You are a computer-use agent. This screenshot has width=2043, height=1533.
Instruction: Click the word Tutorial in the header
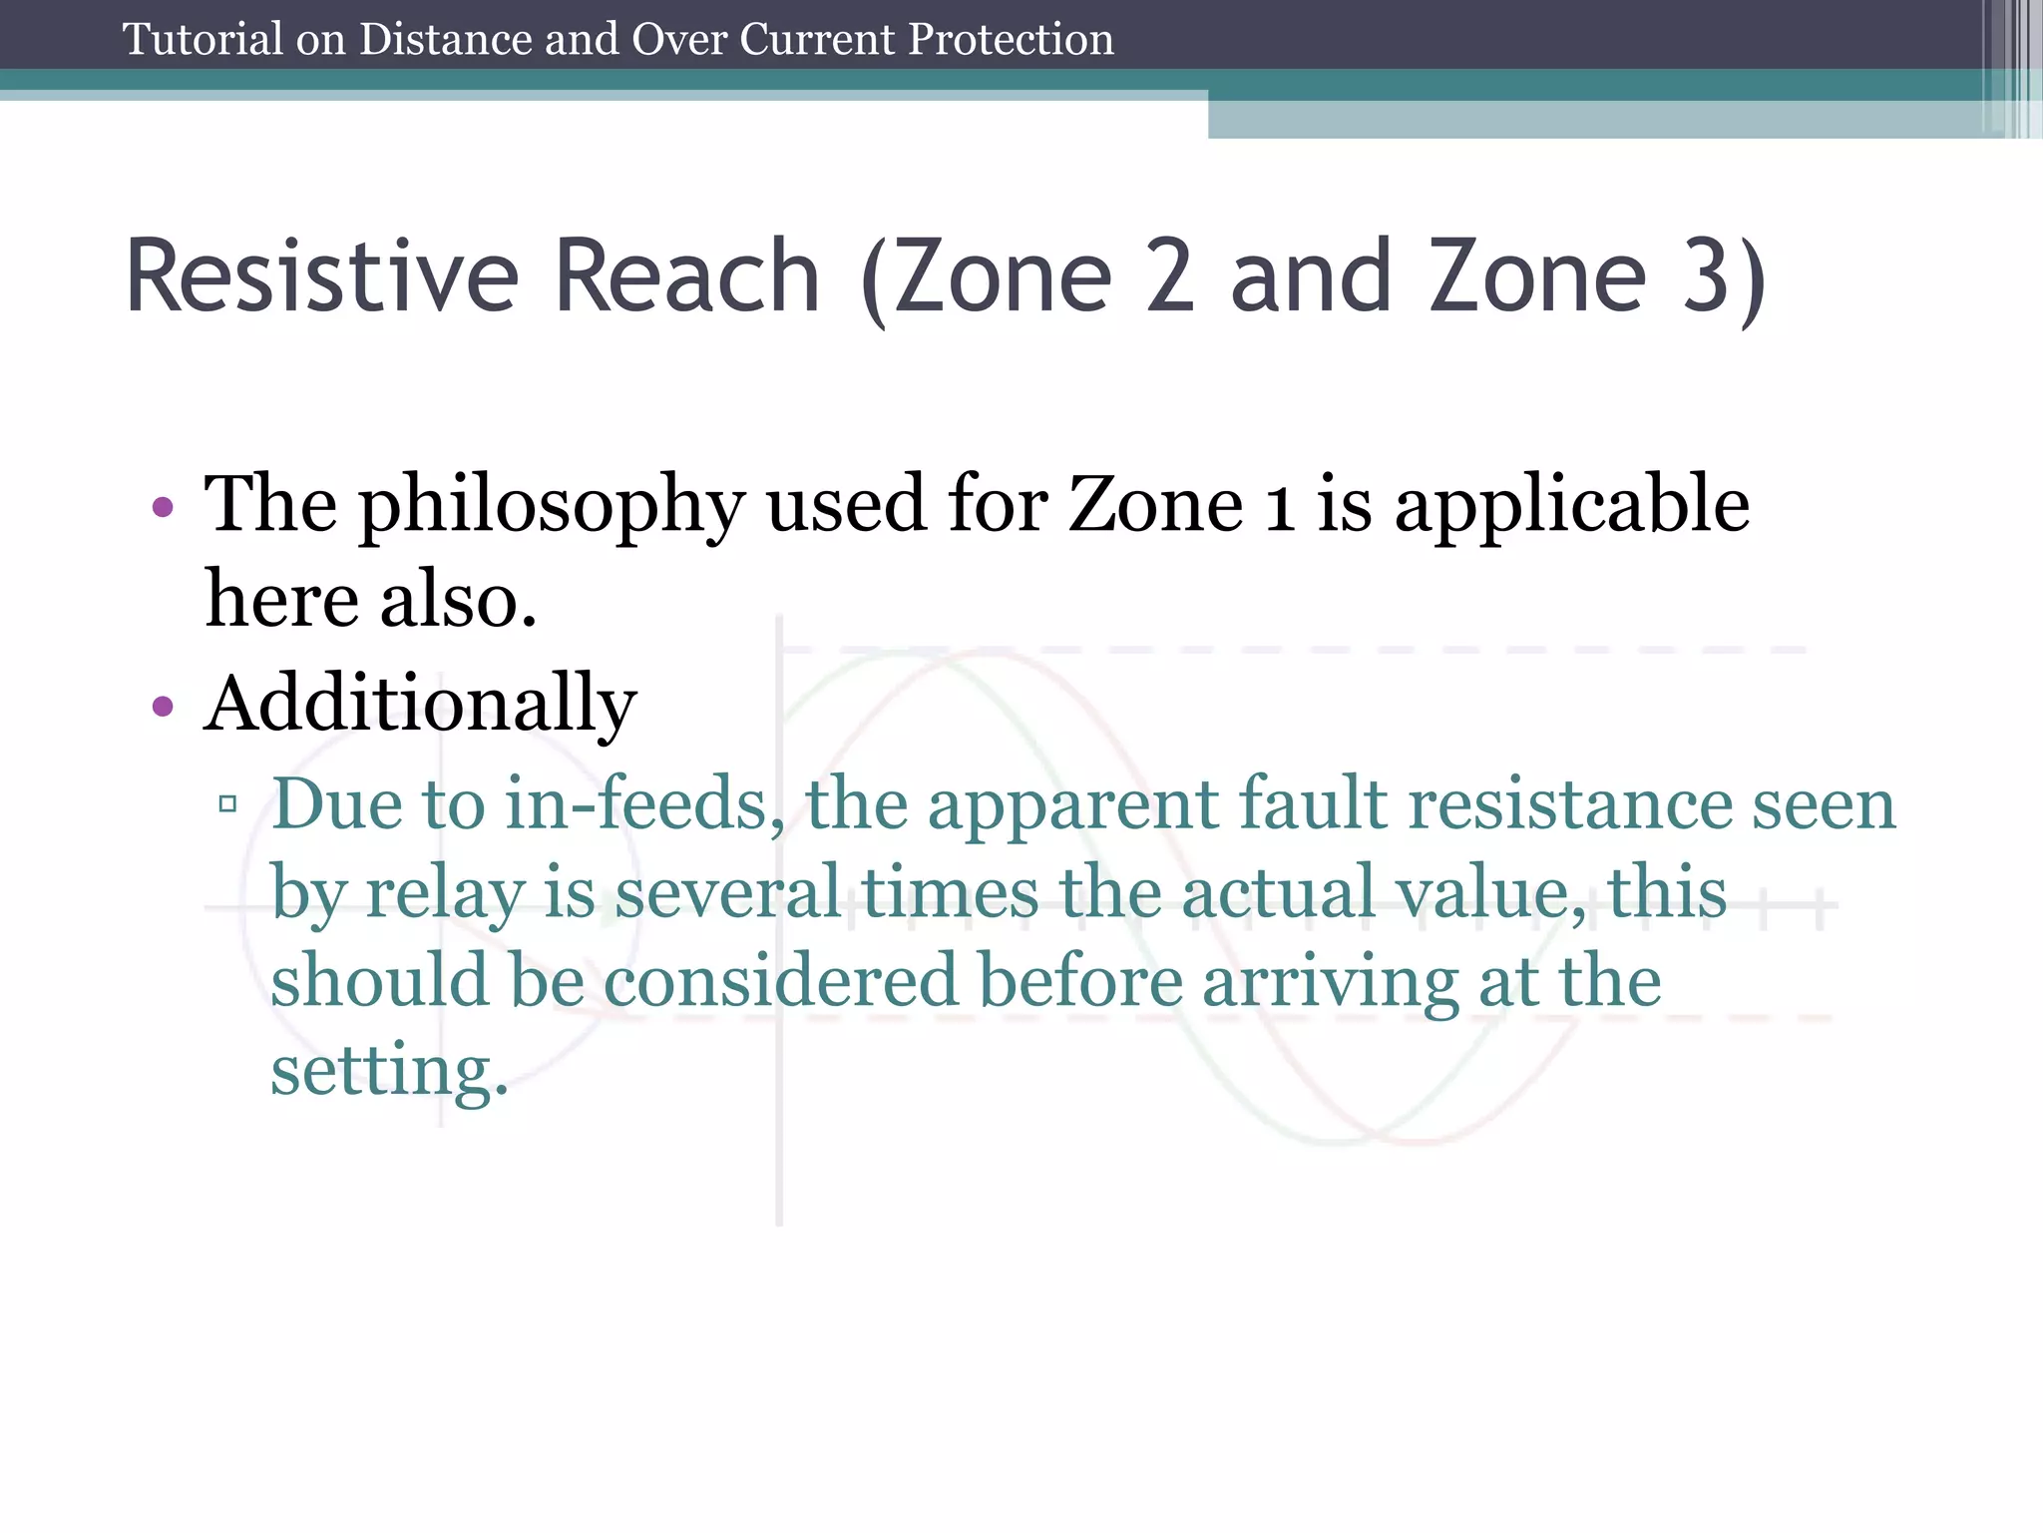(203, 40)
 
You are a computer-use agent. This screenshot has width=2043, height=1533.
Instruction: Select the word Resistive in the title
(321, 276)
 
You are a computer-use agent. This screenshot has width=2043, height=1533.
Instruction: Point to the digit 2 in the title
(1169, 276)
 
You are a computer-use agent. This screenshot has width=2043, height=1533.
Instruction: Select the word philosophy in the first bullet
(552, 505)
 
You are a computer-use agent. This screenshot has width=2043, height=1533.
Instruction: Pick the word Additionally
(420, 705)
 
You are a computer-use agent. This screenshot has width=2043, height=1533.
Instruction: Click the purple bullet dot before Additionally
(163, 708)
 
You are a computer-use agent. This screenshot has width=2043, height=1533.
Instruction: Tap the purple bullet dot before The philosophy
(163, 508)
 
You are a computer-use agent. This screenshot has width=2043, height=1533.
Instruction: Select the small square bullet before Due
(227, 803)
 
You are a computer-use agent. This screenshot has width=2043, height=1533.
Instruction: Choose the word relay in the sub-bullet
(445, 892)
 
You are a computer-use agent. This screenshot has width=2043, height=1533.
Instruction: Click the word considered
(780, 980)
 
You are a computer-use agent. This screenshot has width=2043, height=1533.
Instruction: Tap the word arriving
(1330, 982)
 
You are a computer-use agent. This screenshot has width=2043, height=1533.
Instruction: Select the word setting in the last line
(389, 1070)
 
